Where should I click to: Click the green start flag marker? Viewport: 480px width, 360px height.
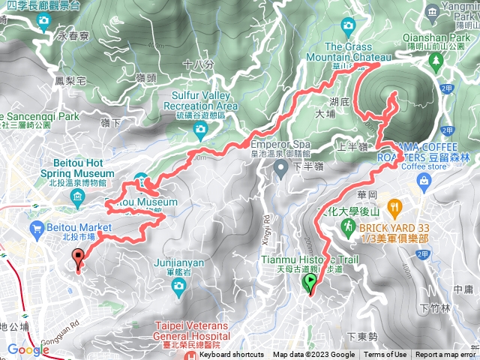[x=310, y=283]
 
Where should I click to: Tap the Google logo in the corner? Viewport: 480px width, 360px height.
[x=28, y=350]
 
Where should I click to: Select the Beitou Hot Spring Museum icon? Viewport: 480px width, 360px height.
[x=78, y=196]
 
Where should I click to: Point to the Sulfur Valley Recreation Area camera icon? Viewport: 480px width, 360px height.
[x=200, y=132]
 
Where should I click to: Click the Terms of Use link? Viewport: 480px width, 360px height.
[x=385, y=355]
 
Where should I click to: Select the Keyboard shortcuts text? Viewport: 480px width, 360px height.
[x=231, y=355]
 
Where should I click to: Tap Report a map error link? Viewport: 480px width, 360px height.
[x=445, y=355]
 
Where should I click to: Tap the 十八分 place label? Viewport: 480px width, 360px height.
[x=193, y=64]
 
